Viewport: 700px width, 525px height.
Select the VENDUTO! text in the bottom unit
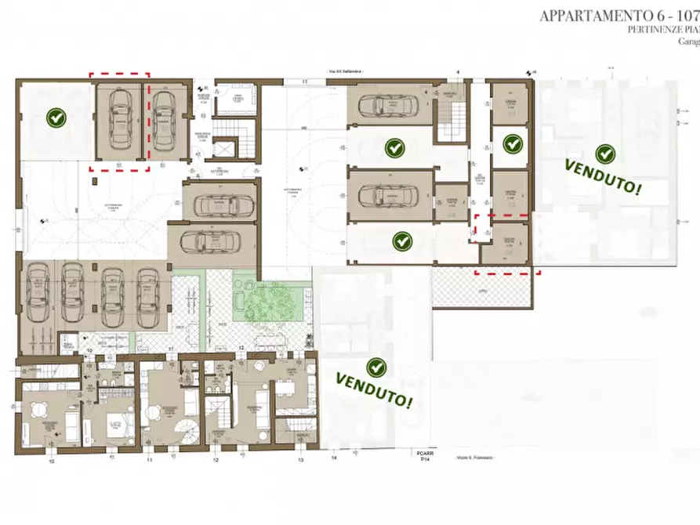375,389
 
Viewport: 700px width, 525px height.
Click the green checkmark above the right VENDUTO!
604,154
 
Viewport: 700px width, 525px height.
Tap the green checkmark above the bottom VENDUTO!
377,366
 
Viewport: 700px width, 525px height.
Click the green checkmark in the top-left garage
55,118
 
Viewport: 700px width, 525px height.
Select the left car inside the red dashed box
120,120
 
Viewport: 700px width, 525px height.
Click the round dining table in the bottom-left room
36,408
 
